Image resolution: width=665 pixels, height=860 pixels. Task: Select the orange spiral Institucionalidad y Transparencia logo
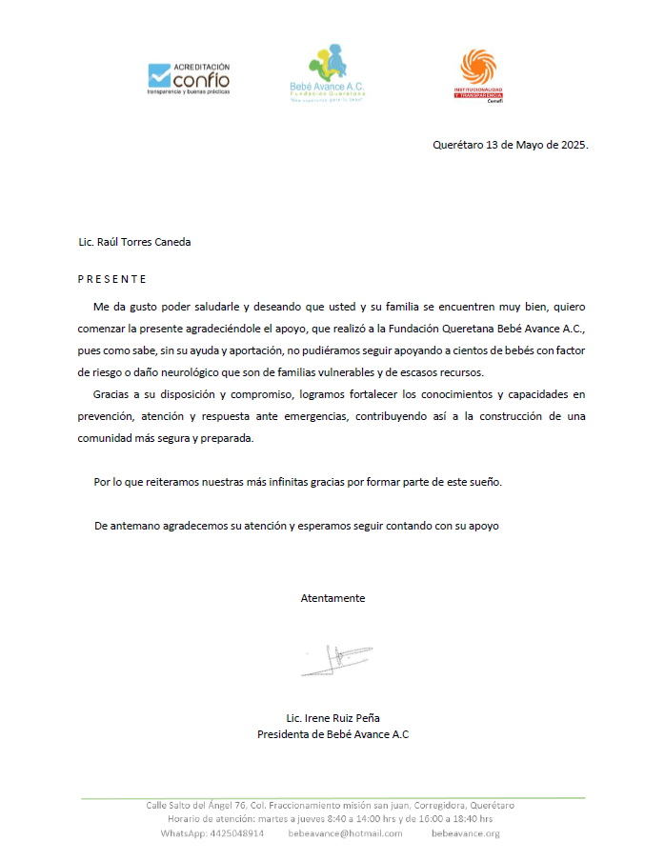tap(478, 76)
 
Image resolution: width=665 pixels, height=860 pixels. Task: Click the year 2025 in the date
tap(573, 146)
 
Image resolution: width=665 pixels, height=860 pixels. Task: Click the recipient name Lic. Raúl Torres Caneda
tap(134, 242)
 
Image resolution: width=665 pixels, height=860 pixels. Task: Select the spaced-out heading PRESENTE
tap(111, 279)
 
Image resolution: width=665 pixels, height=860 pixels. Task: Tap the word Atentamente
tap(332, 598)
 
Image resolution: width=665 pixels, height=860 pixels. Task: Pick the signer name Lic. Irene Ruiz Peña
tap(332, 718)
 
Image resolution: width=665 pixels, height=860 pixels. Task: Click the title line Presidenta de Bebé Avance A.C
tap(332, 734)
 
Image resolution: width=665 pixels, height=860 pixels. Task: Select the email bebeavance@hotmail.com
tap(345, 833)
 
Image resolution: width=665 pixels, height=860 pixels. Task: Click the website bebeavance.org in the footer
tap(465, 833)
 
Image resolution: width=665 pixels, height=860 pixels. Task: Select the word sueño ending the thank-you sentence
tap(483, 482)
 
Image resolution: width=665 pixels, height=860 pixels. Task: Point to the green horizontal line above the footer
tap(332, 796)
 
